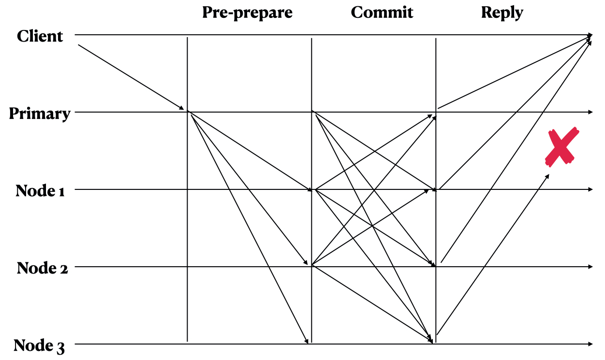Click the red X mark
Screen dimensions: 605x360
pos(561,146)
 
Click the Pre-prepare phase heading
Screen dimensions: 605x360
pos(247,13)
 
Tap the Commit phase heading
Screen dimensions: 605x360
pos(382,13)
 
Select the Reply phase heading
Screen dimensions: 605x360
pos(502,13)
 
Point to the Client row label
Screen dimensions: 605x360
pos(40,36)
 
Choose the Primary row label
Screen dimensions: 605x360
pos(40,114)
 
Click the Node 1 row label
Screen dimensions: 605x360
pos(47,190)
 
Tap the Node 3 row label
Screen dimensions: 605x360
pos(39,346)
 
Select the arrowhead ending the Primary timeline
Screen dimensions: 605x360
pos(590,112)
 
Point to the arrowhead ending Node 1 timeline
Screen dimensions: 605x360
pos(590,189)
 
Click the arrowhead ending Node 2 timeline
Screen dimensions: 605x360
pos(590,267)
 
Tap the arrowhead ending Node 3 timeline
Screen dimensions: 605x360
pos(590,344)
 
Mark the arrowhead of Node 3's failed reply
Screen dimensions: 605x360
pos(547,176)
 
